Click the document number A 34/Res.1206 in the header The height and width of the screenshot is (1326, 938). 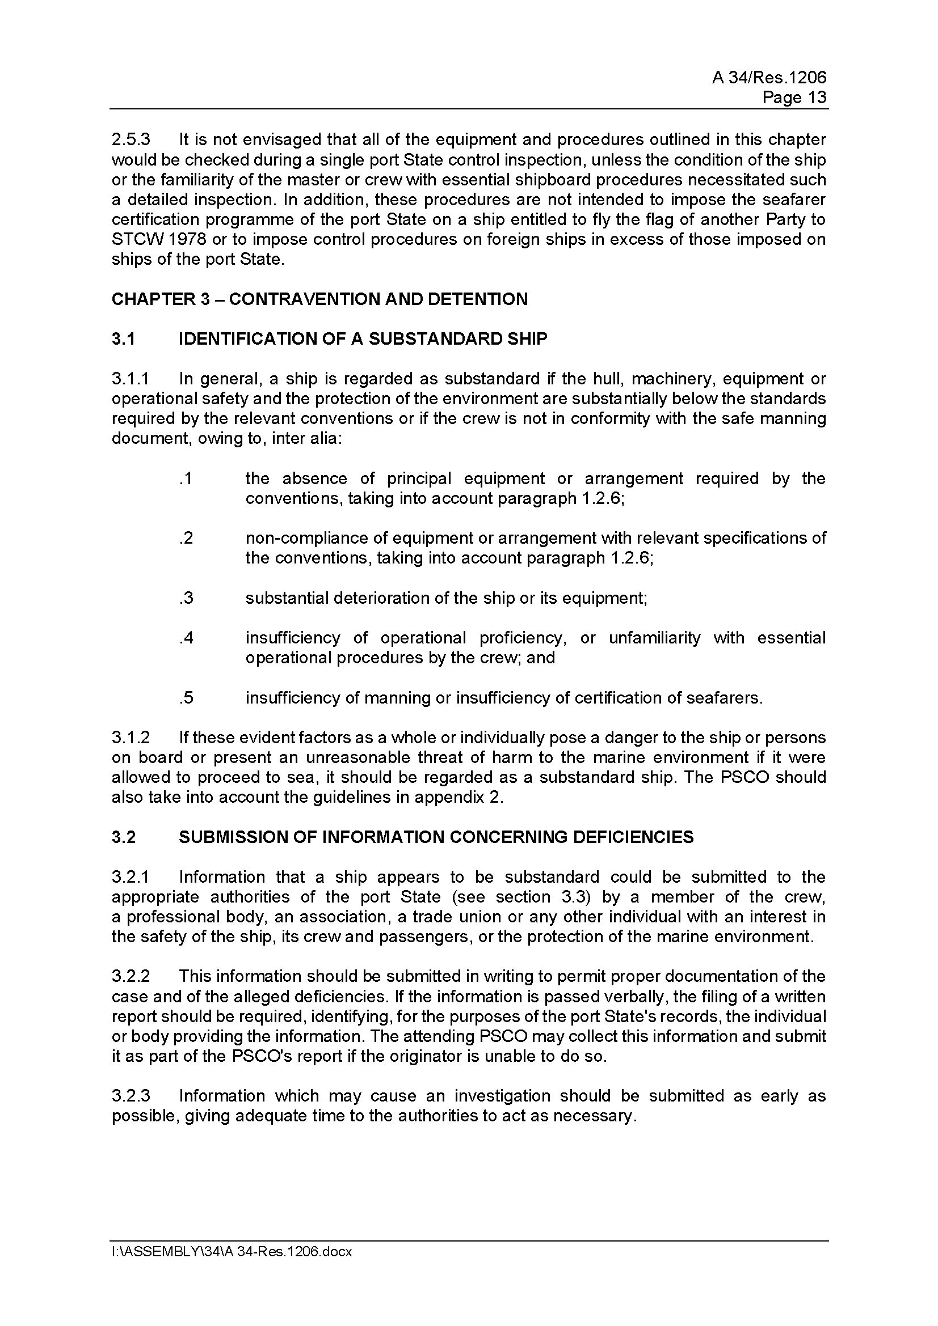pos(769,78)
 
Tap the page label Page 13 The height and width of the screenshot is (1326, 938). pos(794,98)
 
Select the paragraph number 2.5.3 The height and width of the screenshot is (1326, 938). pos(131,140)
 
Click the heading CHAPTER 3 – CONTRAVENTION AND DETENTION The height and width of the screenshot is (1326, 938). pos(319,299)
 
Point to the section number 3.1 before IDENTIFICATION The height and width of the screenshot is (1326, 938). pos(123,339)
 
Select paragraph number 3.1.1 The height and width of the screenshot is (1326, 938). pos(131,379)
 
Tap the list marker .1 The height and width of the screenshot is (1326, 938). pos(186,479)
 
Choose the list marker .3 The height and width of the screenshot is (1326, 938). pos(186,598)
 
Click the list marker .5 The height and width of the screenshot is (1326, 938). pos(186,698)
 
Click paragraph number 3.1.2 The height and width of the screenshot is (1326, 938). pos(131,738)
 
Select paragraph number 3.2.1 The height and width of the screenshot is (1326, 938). pos(131,877)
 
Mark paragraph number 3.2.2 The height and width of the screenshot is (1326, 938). pos(131,977)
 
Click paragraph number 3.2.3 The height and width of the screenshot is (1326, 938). pos(131,1096)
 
